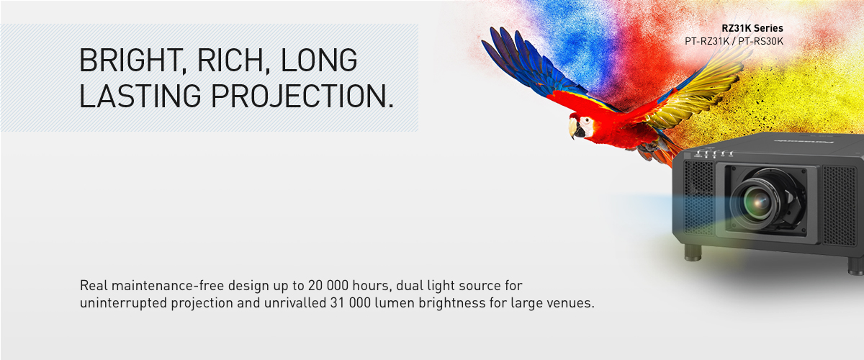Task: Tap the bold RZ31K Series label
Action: pos(752,28)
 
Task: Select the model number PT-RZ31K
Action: pos(706,41)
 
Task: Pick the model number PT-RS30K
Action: pos(760,41)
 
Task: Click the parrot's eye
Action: pos(586,121)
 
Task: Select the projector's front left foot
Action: pos(693,252)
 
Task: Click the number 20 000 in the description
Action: pos(328,286)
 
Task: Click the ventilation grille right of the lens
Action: pos(840,206)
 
